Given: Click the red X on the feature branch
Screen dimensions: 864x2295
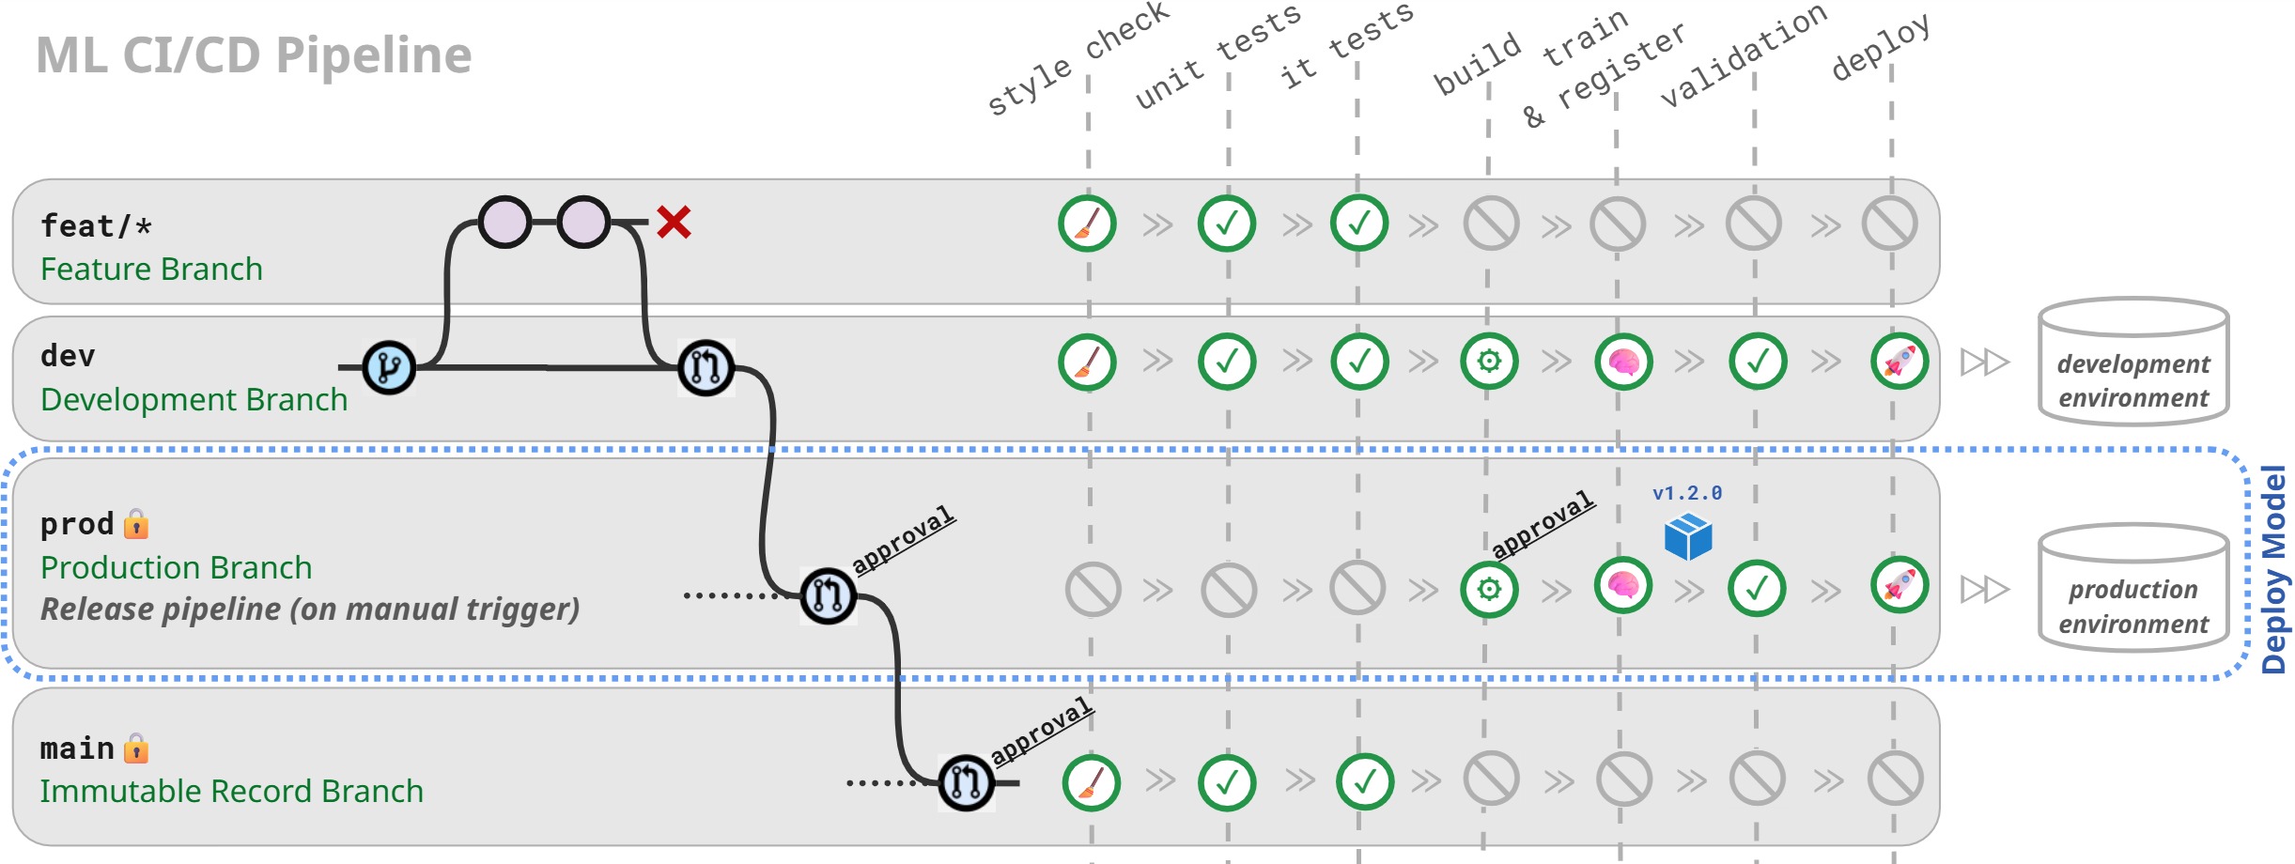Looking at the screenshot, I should [x=674, y=223].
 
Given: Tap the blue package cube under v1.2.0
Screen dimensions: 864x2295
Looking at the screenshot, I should [x=1688, y=537].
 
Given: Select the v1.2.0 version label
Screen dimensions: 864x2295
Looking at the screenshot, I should [x=1687, y=493].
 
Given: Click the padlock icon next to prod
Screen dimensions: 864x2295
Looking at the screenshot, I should [x=136, y=523].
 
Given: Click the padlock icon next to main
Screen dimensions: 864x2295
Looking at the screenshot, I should [x=136, y=748].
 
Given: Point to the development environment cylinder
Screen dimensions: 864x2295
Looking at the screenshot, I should [x=2133, y=363].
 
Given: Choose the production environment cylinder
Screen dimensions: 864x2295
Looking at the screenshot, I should [x=2133, y=589].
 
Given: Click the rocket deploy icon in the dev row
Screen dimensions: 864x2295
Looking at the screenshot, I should [x=1900, y=362].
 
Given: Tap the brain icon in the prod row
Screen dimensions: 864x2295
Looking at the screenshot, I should [x=1623, y=586].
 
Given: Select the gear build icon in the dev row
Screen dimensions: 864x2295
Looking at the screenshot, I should [x=1489, y=362].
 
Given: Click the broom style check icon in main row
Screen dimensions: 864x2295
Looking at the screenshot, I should [x=1091, y=782].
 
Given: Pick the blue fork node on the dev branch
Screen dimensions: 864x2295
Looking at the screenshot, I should [x=389, y=367].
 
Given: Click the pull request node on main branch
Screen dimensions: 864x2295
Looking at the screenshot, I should [x=966, y=781].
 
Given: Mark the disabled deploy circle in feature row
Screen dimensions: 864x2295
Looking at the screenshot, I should [x=1890, y=224].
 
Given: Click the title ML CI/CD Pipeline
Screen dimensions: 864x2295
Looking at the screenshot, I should [x=254, y=55].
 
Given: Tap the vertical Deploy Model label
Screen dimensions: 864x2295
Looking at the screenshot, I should [x=2273, y=570].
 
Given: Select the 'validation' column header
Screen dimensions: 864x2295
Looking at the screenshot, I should [x=1744, y=55].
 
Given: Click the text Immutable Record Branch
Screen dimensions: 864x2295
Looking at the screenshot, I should [x=231, y=792].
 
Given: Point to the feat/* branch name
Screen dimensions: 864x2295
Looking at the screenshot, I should [x=96, y=226].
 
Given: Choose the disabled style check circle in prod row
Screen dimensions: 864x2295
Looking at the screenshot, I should [x=1093, y=590].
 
